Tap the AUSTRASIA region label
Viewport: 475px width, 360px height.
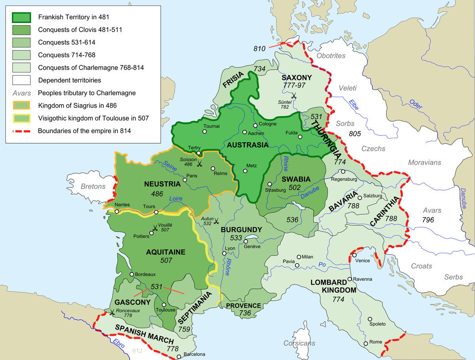[248, 145]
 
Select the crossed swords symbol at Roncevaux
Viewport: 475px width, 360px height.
[112, 313]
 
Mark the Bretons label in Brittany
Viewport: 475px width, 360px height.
[93, 187]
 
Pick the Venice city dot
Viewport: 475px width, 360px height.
[353, 255]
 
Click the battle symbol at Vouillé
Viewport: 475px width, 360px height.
[154, 228]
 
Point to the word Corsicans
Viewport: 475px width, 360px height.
[299, 343]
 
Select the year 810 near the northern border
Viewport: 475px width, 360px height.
[259, 49]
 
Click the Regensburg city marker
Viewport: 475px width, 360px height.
[343, 172]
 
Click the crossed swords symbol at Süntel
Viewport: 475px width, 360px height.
[294, 95]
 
